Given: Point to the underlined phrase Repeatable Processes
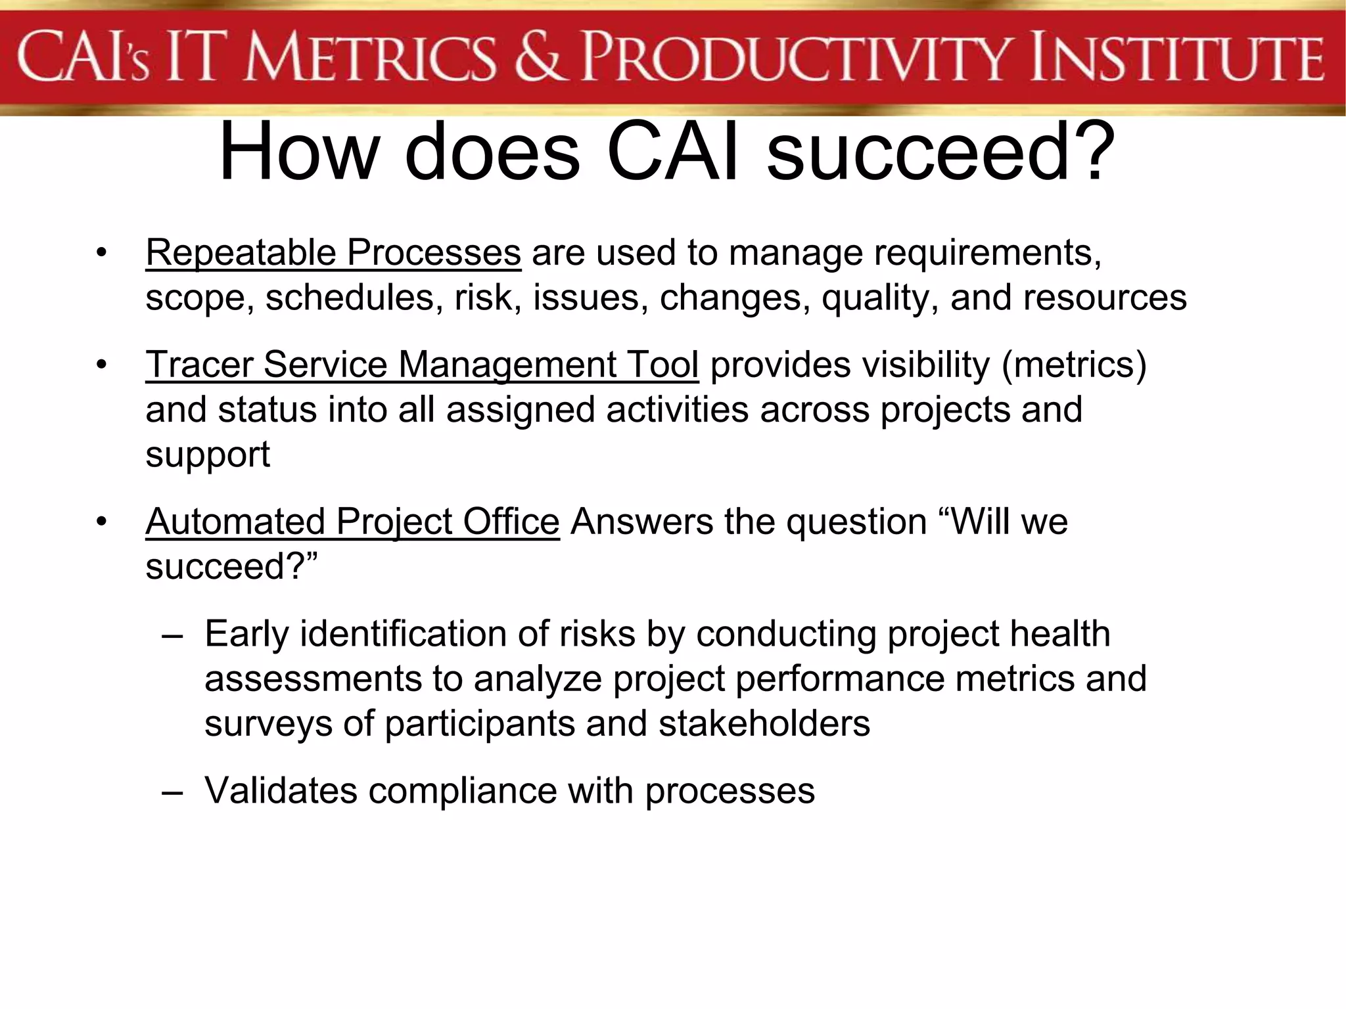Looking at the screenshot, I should tap(333, 253).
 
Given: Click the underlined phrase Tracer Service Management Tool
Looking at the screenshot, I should tap(422, 365).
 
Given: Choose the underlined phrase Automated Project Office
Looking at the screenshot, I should tap(352, 522).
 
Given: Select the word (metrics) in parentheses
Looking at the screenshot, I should tap(1074, 365).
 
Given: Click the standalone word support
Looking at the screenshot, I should tap(208, 455).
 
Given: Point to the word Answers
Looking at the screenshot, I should tap(641, 522).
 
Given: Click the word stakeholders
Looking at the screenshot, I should tap(764, 724).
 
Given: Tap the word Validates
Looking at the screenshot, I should tap(281, 790).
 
